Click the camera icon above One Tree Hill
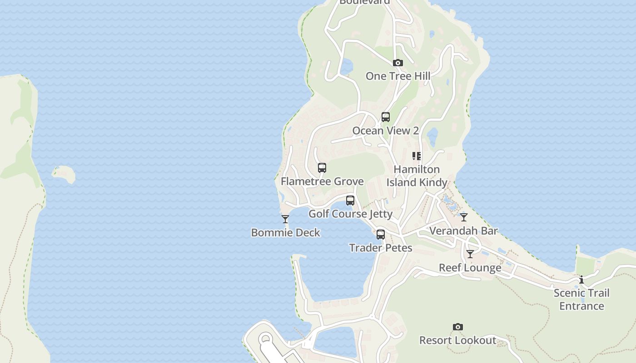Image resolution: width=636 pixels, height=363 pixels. click(x=397, y=63)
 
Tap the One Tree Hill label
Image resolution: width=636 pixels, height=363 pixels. click(x=398, y=76)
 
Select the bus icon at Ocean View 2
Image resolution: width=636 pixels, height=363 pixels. click(x=385, y=117)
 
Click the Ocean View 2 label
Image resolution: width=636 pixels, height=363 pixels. click(x=385, y=131)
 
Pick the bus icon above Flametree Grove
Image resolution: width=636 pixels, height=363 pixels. click(x=322, y=168)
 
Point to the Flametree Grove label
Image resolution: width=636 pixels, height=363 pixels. click(x=322, y=181)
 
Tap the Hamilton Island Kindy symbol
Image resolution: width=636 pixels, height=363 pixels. click(x=417, y=156)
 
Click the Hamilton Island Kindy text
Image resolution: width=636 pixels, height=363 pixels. click(x=417, y=176)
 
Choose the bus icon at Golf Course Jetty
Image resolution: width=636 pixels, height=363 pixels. click(x=350, y=201)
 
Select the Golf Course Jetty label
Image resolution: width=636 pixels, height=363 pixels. click(x=350, y=214)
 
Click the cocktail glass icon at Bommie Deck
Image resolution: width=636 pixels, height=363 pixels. click(x=285, y=219)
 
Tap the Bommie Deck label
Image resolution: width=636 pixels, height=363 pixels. click(x=285, y=233)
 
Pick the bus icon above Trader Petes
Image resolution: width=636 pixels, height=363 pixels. click(x=381, y=235)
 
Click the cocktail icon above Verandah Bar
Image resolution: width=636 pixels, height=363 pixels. click(x=464, y=217)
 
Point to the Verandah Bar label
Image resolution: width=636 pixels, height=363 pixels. click(x=463, y=231)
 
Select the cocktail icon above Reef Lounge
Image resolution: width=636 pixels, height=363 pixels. click(x=470, y=254)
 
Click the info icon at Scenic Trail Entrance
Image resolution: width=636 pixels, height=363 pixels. click(x=581, y=280)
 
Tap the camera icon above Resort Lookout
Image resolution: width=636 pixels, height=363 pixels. click(x=458, y=327)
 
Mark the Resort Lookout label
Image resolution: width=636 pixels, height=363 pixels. click(x=457, y=340)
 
